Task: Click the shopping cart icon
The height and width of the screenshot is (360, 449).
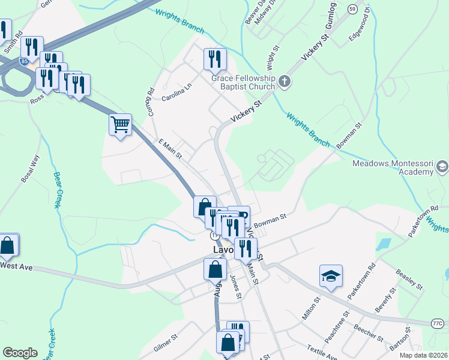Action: pyautogui.click(x=121, y=125)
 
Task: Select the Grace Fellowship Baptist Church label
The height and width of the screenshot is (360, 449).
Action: pyautogui.click(x=243, y=82)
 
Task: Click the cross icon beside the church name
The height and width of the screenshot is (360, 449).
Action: pyautogui.click(x=285, y=82)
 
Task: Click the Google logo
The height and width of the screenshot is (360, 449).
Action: pyautogui.click(x=20, y=353)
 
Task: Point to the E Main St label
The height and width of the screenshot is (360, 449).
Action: pyautogui.click(x=170, y=149)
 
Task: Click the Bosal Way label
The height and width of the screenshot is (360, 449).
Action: pyautogui.click(x=29, y=169)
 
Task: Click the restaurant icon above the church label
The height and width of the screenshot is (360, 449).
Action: pyautogui.click(x=215, y=59)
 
